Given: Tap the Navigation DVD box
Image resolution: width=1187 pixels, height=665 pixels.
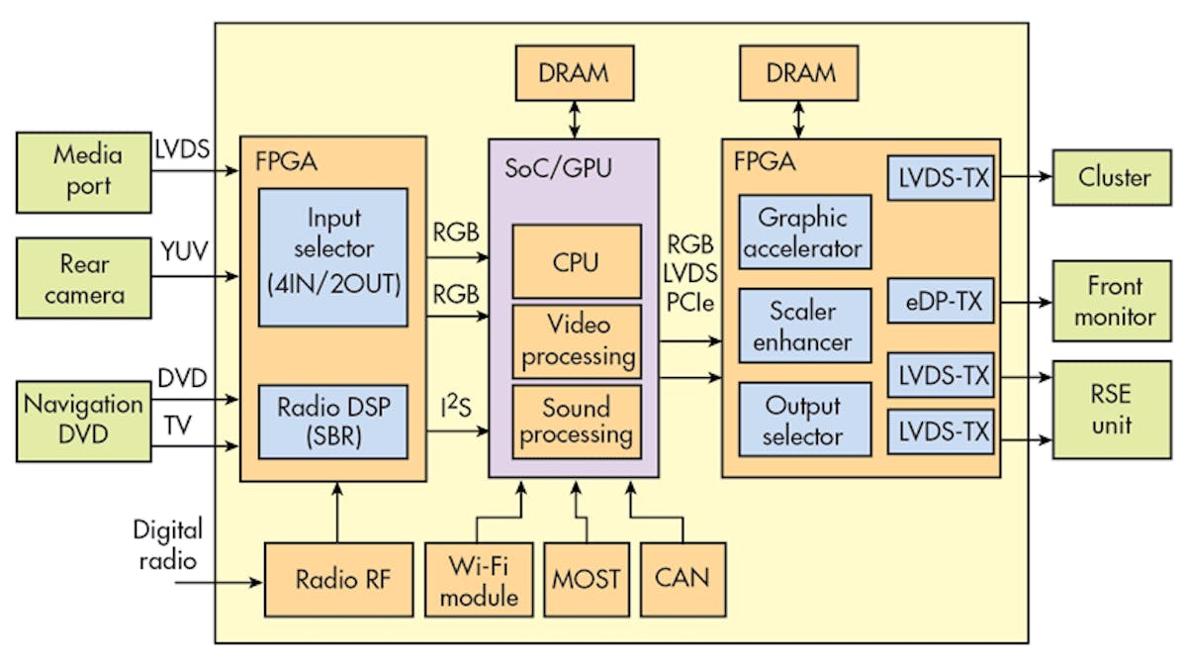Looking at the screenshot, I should coord(85,419).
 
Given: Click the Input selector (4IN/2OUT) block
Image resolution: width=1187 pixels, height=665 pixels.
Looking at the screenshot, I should coord(333,257).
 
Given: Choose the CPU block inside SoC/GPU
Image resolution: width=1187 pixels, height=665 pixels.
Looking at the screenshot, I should coord(575,261).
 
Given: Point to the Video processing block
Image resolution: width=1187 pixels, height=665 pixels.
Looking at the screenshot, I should coord(577,341).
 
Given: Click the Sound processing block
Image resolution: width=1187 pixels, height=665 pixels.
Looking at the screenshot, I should coord(577,421).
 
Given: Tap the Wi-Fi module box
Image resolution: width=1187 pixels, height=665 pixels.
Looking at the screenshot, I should coord(479,579).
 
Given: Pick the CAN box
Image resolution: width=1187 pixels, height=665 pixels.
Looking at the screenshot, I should coord(683,579).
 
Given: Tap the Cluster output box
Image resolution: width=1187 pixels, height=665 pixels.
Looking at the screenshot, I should coord(1114,178).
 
